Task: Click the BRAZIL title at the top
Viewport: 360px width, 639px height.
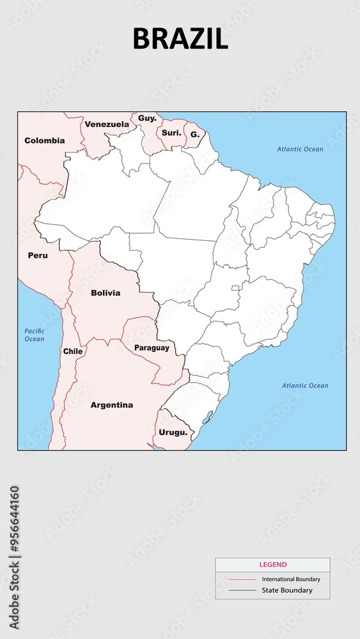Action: coord(180,39)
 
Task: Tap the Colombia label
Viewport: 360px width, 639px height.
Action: coord(45,141)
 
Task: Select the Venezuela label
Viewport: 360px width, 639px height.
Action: coord(107,124)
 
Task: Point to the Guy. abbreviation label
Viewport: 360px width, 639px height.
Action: coord(147,118)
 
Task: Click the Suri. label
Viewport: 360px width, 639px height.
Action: coord(171,133)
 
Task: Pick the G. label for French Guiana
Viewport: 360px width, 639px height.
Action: coord(195,135)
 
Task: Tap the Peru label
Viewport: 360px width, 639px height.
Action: coord(38,256)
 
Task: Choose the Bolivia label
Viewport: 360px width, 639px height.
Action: coord(106,293)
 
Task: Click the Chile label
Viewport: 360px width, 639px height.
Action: coord(73,351)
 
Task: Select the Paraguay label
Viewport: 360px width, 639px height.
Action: coord(152,348)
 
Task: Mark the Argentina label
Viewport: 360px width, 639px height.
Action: coord(112,405)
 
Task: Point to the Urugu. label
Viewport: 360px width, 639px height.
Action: coord(173,433)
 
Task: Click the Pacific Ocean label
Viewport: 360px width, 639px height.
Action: coord(35,335)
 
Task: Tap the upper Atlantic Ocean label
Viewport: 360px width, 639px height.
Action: coord(300,150)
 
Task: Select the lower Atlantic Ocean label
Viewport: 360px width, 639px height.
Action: coord(305,386)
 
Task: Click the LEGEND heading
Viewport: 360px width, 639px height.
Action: coord(272,565)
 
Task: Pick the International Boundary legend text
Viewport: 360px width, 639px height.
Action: coord(291,580)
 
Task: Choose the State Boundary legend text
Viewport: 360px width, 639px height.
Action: coord(287,590)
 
